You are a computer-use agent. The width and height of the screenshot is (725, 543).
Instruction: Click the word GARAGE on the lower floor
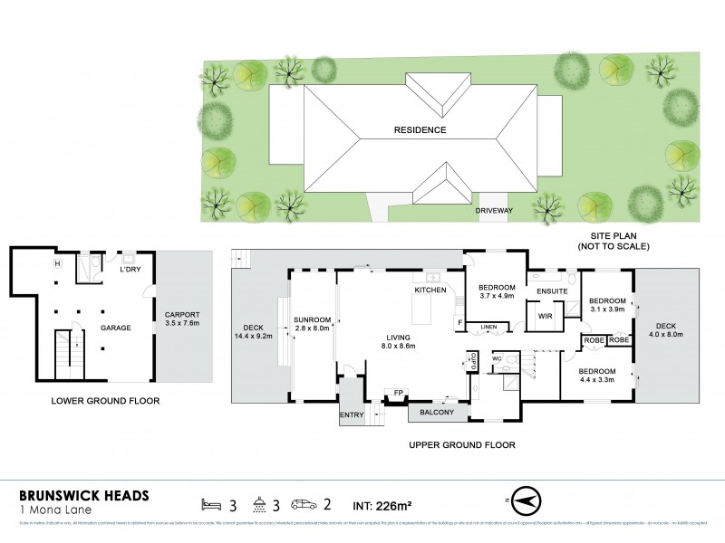[x=116, y=329]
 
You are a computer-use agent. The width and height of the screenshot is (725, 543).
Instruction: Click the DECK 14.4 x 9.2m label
[x=253, y=334]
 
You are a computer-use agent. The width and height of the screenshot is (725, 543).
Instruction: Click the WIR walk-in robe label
[x=545, y=317]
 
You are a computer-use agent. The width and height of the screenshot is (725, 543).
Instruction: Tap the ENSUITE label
[x=551, y=291]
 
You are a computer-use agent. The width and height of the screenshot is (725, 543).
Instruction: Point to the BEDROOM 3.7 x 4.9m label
[x=496, y=291]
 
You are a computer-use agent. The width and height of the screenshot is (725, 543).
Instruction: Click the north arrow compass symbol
[x=525, y=499]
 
